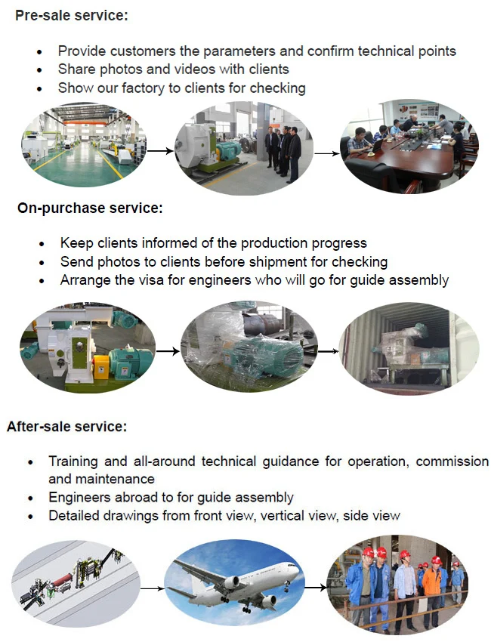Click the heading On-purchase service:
tap(90, 207)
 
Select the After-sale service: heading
tap(67, 426)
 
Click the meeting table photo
tap(408, 147)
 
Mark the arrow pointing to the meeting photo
tap(326, 153)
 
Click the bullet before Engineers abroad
tap(30, 498)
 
